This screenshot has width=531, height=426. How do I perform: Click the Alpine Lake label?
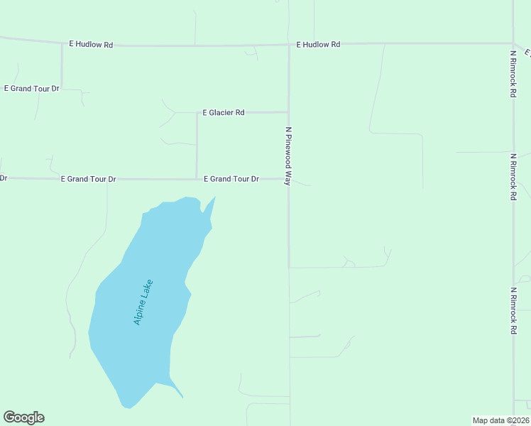click(143, 302)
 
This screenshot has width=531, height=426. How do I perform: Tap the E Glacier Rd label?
click(224, 112)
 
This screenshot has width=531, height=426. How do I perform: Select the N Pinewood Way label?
click(289, 156)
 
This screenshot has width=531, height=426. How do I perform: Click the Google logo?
click(23, 417)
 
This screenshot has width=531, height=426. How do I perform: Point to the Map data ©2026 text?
click(500, 420)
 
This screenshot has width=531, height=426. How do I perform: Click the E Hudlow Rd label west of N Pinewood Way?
click(91, 44)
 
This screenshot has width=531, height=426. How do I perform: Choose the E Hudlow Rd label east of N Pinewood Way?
click(318, 44)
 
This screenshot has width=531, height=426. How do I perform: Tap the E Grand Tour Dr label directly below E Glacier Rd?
click(231, 179)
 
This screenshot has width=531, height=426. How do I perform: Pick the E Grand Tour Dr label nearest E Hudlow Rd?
click(32, 89)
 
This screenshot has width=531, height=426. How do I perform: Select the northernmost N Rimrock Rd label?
click(513, 73)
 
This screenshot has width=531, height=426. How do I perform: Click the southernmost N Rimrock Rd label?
click(513, 311)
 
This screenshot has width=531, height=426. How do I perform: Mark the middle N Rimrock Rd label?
click(513, 176)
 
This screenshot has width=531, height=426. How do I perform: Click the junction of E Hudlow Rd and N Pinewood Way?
click(289, 45)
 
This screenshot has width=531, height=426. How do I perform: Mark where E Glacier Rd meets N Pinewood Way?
click(288, 111)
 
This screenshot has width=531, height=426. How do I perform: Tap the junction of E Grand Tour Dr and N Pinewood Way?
click(288, 179)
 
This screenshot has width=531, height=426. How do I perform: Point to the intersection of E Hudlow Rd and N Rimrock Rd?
click(513, 43)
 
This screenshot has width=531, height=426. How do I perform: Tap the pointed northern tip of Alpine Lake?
click(215, 197)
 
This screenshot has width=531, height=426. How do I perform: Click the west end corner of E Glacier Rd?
click(197, 112)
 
